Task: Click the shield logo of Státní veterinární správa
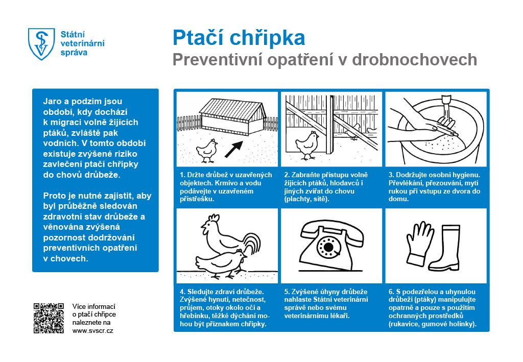point(41,43)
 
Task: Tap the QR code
point(49,318)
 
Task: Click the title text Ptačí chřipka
point(239,38)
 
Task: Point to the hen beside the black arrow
point(207,149)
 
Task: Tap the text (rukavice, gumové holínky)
point(432,324)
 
